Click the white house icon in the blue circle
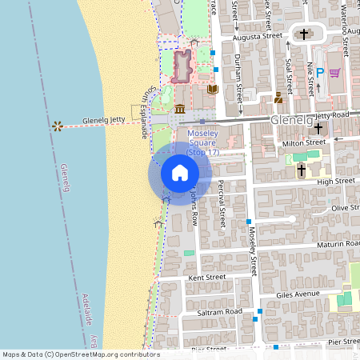(x=180, y=172)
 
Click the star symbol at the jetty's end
(x=57, y=126)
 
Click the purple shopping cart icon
(x=334, y=73)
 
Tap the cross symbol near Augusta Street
(x=303, y=34)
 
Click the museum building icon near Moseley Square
(x=180, y=109)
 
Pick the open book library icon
(x=212, y=90)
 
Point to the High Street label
(x=336, y=182)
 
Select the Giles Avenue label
(x=298, y=294)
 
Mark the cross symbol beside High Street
(x=302, y=170)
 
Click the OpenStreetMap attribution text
(x=80, y=354)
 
